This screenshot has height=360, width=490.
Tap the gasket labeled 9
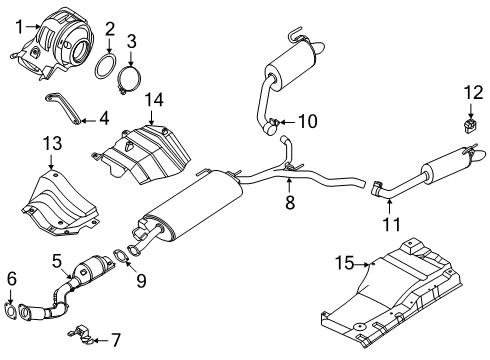coord(120,257)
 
